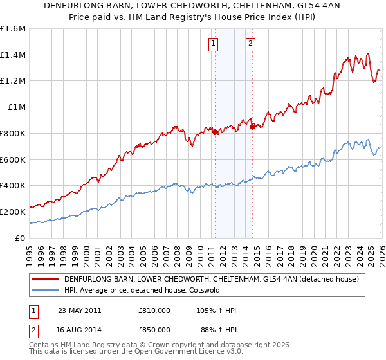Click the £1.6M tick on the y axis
coord(13,29)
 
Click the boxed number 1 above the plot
coord(214,44)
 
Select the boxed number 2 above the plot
coord(250,44)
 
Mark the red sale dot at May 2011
coord(215,132)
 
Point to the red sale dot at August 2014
coord(252,127)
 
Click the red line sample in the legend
coord(45,280)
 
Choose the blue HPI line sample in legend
coord(45,290)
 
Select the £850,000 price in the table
coord(154,330)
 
